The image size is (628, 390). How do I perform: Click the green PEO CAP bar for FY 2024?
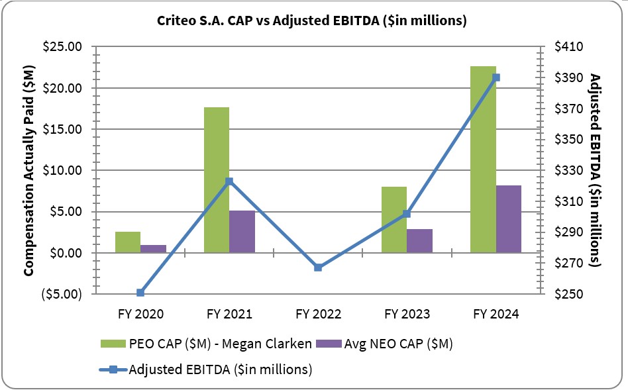point(483,159)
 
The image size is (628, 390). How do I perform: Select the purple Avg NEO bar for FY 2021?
point(242,231)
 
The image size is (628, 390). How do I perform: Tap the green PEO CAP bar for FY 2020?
point(128,242)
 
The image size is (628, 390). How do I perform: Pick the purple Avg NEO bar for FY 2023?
point(419,240)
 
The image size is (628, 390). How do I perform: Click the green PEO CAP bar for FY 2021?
point(217,179)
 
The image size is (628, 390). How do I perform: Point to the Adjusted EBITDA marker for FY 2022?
point(318,268)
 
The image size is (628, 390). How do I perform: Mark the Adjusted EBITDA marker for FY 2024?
point(496,77)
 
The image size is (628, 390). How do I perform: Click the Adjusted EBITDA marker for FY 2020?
point(140,293)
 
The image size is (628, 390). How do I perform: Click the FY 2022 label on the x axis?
point(318,313)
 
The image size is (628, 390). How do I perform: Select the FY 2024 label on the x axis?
point(496,313)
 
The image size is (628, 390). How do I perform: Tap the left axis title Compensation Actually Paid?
point(29,170)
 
